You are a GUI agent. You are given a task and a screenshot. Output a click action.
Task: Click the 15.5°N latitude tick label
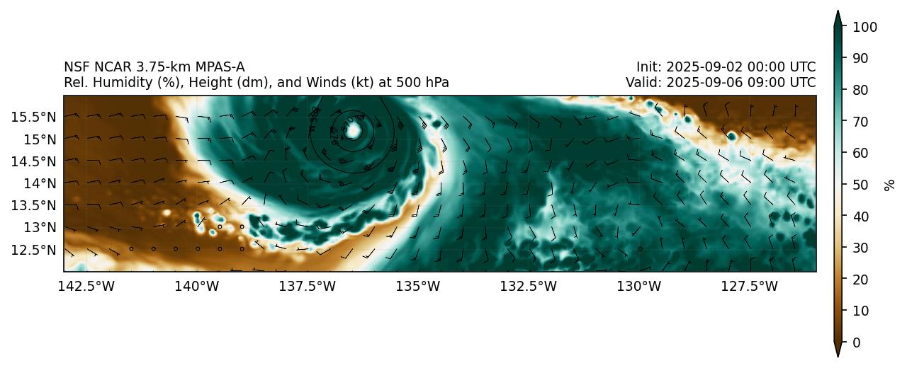pos(33,116)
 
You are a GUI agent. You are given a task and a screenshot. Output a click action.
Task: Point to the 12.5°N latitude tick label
pos(33,250)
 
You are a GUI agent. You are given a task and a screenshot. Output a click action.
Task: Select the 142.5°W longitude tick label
pos(86,286)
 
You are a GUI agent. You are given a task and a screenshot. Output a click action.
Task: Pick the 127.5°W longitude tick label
pos(750,286)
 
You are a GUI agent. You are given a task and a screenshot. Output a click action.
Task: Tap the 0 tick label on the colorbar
pos(857,343)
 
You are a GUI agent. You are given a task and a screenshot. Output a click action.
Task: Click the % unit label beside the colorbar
pos(889,185)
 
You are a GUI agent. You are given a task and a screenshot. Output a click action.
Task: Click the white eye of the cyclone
pos(354,131)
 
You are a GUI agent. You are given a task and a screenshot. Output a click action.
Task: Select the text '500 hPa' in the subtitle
pos(426,83)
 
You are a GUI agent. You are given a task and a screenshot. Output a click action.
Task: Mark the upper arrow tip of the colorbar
pos(838,11)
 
